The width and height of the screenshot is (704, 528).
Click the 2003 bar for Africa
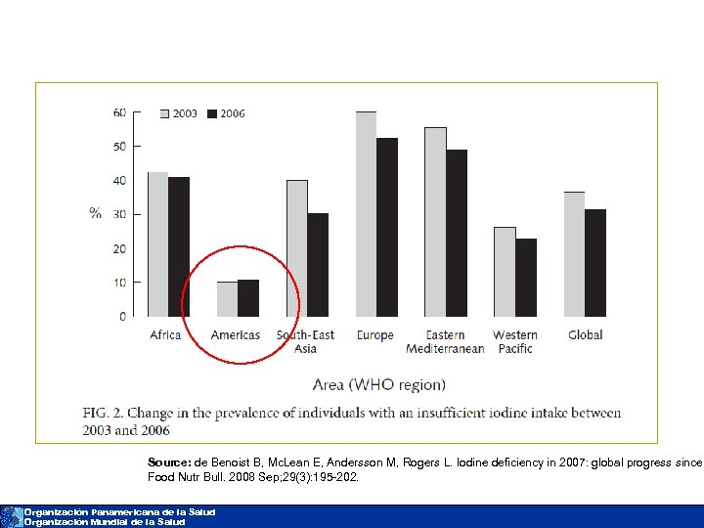tap(157, 244)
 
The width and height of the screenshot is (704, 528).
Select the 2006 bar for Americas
tap(248, 298)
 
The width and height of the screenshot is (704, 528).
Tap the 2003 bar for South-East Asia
tap(296, 248)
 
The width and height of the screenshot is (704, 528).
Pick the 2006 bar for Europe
tap(387, 227)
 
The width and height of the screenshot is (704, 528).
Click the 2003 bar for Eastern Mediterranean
tap(435, 222)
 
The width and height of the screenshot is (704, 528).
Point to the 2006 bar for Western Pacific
tap(526, 278)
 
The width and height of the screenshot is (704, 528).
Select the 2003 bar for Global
tap(574, 254)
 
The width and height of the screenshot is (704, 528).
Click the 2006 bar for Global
tap(595, 263)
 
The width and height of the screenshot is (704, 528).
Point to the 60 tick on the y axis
tap(119, 112)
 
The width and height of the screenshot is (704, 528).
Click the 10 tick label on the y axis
tap(119, 283)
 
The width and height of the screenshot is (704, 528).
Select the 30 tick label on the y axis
tap(119, 214)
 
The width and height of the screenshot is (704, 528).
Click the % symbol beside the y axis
tap(95, 213)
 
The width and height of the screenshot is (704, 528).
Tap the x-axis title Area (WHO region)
tap(378, 384)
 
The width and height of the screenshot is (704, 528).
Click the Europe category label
tap(375, 335)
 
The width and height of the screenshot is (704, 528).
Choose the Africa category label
tap(165, 335)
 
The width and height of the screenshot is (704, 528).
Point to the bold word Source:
tap(169, 462)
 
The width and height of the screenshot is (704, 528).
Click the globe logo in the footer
tap(11, 516)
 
